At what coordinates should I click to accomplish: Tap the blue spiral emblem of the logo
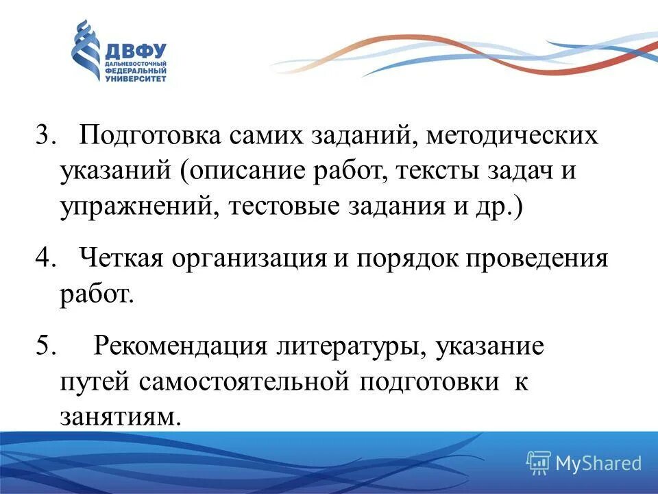click(x=86, y=51)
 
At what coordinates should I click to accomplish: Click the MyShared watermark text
click(x=598, y=463)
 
